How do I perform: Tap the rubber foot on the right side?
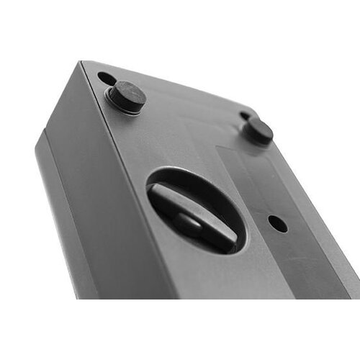[258, 130]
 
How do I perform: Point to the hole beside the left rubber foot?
[105, 78]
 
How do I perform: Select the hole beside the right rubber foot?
[246, 115]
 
